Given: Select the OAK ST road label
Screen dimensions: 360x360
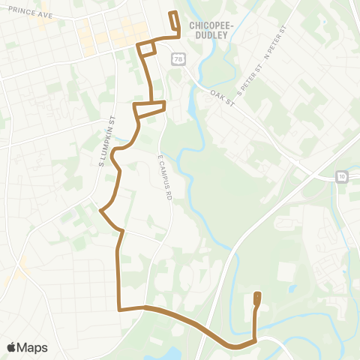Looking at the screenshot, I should (x=223, y=94).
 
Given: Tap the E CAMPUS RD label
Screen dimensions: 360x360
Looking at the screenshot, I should (x=166, y=177).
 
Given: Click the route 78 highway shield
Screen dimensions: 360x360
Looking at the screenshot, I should (x=178, y=58).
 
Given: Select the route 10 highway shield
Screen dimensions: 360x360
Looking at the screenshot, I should (x=342, y=176).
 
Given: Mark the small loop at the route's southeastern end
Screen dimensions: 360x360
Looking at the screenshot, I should (x=257, y=300).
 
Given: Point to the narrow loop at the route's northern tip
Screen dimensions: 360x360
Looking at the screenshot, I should (x=174, y=22).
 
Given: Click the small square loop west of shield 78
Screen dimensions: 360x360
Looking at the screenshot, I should (x=146, y=49).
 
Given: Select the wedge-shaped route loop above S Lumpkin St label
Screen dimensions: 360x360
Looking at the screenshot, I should (x=149, y=109).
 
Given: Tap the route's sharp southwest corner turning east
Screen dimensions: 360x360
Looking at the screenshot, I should (x=118, y=308).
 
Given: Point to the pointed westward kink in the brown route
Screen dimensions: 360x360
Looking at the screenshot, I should (x=101, y=211).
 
